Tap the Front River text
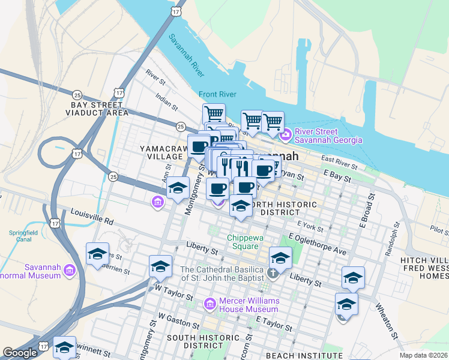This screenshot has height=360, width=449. point(218,94)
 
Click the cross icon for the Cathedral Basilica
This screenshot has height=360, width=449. point(273,274)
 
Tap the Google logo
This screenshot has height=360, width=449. point(20,353)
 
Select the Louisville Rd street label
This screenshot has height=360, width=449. point(92,216)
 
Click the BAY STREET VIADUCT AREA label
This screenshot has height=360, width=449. point(99,109)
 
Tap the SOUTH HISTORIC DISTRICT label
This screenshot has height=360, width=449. point(196,341)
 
